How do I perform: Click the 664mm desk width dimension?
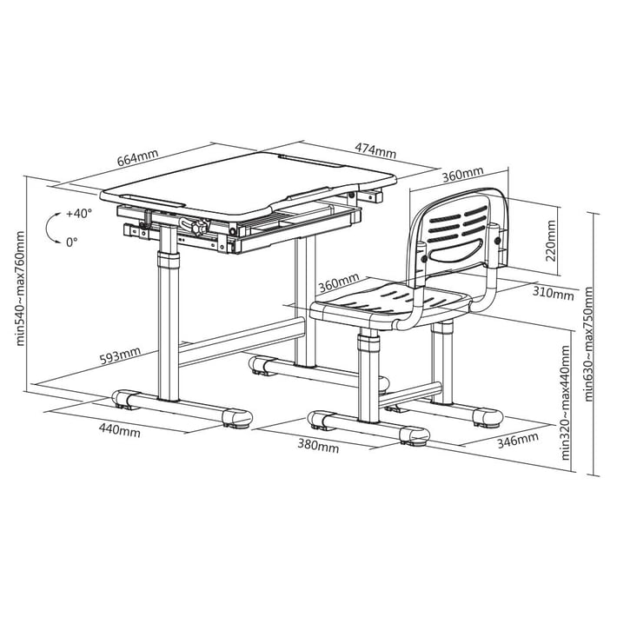pos(137,157)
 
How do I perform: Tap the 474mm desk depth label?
pos(375,150)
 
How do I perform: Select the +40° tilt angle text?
pos(79,214)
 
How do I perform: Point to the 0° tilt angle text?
pos(71,242)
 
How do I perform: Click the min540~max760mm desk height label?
pos(20,289)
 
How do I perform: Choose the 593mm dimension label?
pos(120,355)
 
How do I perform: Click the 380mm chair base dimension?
pos(318,446)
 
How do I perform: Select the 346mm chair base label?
pos(518,440)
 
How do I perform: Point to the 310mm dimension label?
pos(553,293)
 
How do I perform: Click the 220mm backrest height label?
pos(550,241)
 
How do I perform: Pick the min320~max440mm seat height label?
pos(565,402)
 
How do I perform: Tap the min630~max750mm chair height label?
pos(588,343)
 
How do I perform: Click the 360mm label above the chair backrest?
pos(462,175)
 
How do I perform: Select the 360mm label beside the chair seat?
pos(339,282)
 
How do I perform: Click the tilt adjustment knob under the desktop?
pos(200,227)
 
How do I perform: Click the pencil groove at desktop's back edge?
pos(311,160)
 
